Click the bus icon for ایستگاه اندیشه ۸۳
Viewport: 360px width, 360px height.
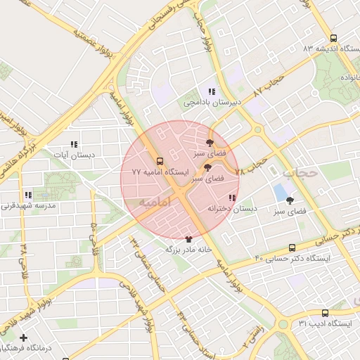point(333,39)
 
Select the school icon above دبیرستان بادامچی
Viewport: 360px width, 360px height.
point(211,91)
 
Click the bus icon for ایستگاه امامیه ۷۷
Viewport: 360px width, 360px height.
point(159,161)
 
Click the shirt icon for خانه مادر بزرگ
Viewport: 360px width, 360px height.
point(188,238)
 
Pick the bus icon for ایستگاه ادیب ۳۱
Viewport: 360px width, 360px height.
point(325,313)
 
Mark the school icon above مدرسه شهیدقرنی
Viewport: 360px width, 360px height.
point(27,195)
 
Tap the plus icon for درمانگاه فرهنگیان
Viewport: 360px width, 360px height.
point(25,338)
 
